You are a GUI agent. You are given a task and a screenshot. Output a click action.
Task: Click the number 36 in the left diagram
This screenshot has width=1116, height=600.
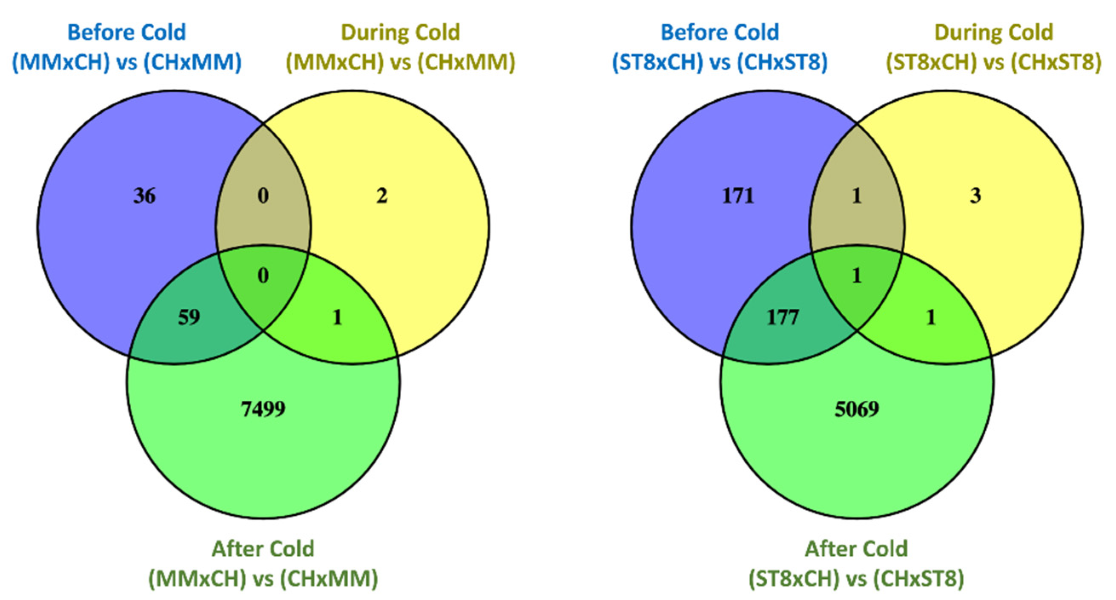pos(144,196)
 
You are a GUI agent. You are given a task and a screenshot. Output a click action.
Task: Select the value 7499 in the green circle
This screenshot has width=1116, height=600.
pos(263,409)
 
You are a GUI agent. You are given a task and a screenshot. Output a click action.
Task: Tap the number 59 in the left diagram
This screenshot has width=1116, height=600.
pos(189,318)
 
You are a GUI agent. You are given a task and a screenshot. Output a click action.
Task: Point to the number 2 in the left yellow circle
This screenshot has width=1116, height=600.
pos(381,196)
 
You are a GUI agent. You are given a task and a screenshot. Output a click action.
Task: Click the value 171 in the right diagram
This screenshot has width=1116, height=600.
pos(738,196)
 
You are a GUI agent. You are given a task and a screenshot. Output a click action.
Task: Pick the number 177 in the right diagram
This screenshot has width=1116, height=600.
pos(783,318)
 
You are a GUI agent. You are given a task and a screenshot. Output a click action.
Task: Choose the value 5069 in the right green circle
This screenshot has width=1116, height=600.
pos(857,409)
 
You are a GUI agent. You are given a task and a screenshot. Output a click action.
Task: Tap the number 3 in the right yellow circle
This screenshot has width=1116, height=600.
pos(975,196)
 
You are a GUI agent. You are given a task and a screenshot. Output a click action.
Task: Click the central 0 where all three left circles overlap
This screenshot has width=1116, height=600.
pos(263,276)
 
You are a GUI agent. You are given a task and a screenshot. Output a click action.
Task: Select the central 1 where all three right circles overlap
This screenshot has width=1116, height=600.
pos(857,276)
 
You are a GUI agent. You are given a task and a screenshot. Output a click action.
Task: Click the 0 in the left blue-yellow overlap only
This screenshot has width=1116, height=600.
pos(263,196)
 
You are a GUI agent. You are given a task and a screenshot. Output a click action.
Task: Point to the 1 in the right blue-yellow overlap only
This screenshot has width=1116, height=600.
pos(857,196)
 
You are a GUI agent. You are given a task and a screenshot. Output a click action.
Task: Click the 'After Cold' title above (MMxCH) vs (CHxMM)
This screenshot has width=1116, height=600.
pos(263,549)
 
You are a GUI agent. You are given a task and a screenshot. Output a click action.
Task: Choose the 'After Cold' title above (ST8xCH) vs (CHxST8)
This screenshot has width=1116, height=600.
pos(857,549)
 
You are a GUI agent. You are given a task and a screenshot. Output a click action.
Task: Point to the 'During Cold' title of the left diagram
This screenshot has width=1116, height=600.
pos(400,32)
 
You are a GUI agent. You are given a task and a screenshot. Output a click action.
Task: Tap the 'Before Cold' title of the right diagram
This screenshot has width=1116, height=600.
pos(720,32)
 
